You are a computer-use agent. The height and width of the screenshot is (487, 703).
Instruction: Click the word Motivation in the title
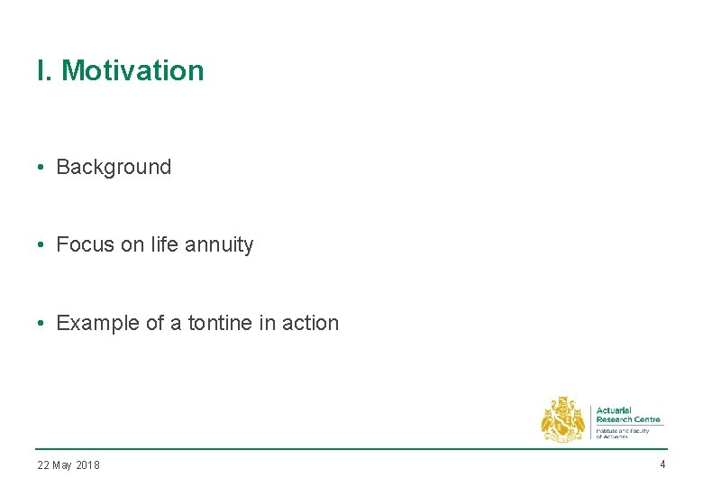132,70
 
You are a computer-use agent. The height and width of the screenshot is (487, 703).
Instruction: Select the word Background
114,167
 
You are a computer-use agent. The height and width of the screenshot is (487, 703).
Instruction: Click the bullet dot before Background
41,167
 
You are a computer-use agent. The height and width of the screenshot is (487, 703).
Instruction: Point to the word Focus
85,244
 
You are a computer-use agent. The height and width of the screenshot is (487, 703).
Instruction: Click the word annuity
221,244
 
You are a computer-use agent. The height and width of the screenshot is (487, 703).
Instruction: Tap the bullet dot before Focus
41,244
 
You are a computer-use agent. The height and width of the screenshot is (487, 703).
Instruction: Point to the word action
310,323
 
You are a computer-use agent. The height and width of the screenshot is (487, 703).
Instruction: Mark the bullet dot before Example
41,323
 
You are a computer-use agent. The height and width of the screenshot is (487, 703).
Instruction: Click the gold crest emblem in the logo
562,419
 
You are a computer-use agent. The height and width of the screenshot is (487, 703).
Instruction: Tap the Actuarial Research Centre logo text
627,415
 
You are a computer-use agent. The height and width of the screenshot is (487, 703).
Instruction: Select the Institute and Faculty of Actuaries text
622,433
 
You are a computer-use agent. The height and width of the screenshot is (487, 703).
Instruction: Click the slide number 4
662,464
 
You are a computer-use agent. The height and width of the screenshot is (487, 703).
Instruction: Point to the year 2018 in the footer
88,465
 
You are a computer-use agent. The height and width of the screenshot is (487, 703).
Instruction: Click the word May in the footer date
63,465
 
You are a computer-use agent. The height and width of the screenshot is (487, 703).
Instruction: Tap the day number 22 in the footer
43,465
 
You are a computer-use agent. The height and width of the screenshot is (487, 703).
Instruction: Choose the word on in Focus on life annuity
132,244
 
